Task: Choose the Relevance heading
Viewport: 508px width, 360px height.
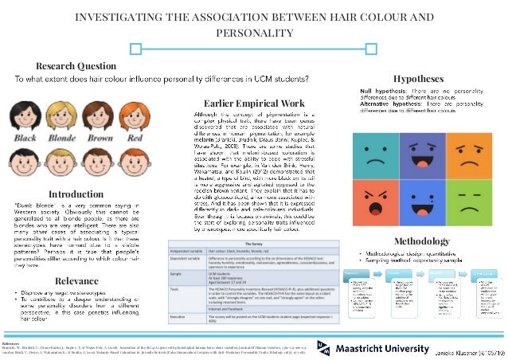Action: tap(76, 259)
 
